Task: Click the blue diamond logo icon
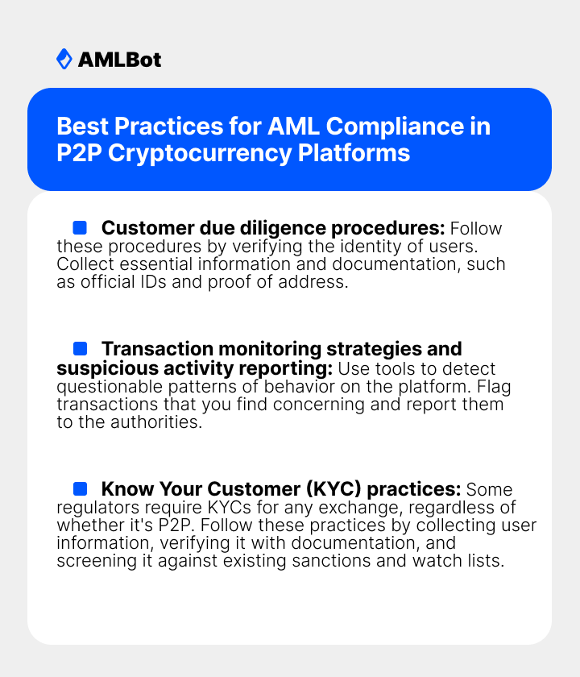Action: tap(64, 59)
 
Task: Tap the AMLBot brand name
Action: tap(119, 60)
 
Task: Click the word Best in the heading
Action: tap(83, 127)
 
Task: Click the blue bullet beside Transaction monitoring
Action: tap(80, 349)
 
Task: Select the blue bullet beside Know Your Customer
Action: tap(80, 489)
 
